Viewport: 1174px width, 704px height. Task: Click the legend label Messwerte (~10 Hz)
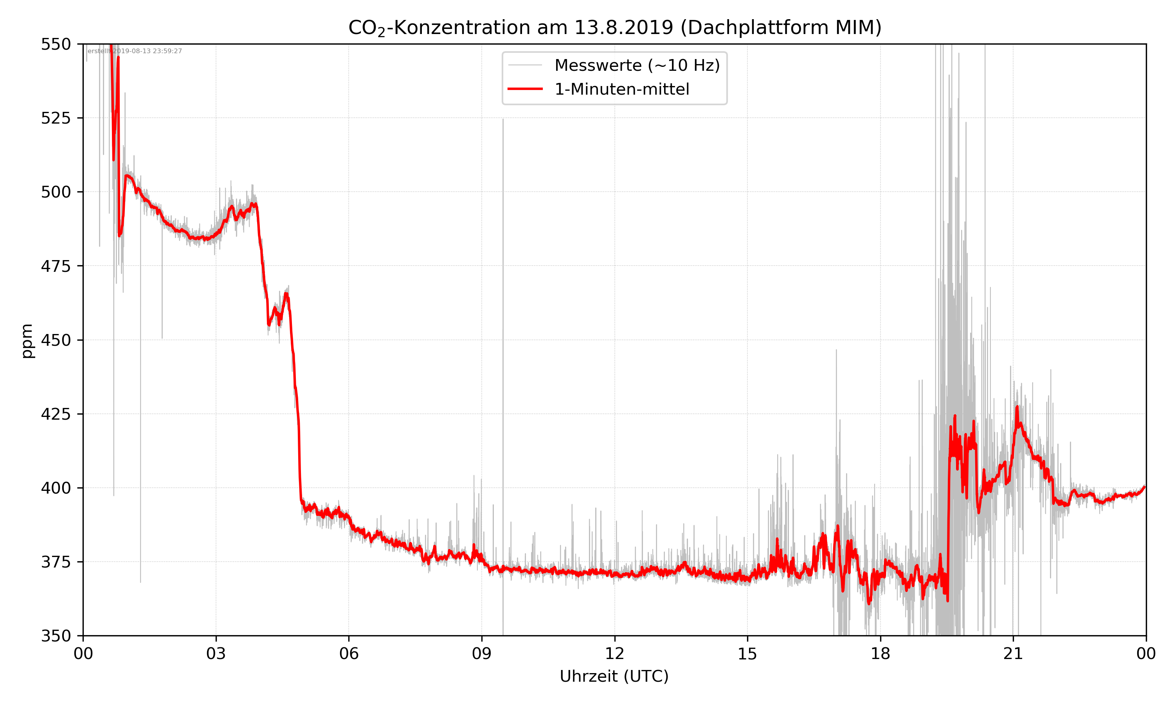637,65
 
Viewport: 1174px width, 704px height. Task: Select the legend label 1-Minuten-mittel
622,89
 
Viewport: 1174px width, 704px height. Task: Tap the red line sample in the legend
525,89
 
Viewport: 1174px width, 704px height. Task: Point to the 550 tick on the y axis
56,44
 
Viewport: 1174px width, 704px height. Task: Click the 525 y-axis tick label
56,118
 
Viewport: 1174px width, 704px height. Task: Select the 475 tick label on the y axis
56,266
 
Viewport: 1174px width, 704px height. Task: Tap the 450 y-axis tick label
56,340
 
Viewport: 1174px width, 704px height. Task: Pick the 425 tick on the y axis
56,414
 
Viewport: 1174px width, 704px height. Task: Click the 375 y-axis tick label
56,562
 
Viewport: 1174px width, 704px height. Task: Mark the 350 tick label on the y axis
56,636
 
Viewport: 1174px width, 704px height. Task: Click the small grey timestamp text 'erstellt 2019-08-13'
135,51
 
